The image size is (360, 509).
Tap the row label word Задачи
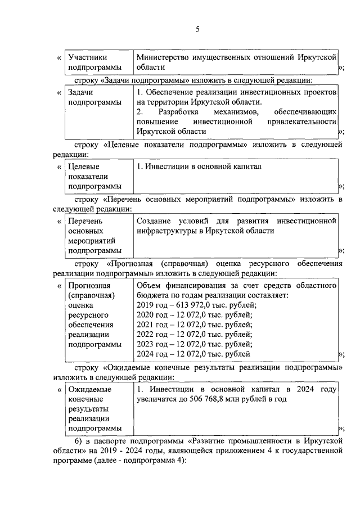point(80,92)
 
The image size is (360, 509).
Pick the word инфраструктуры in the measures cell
point(167,231)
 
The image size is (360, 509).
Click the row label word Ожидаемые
point(89,389)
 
